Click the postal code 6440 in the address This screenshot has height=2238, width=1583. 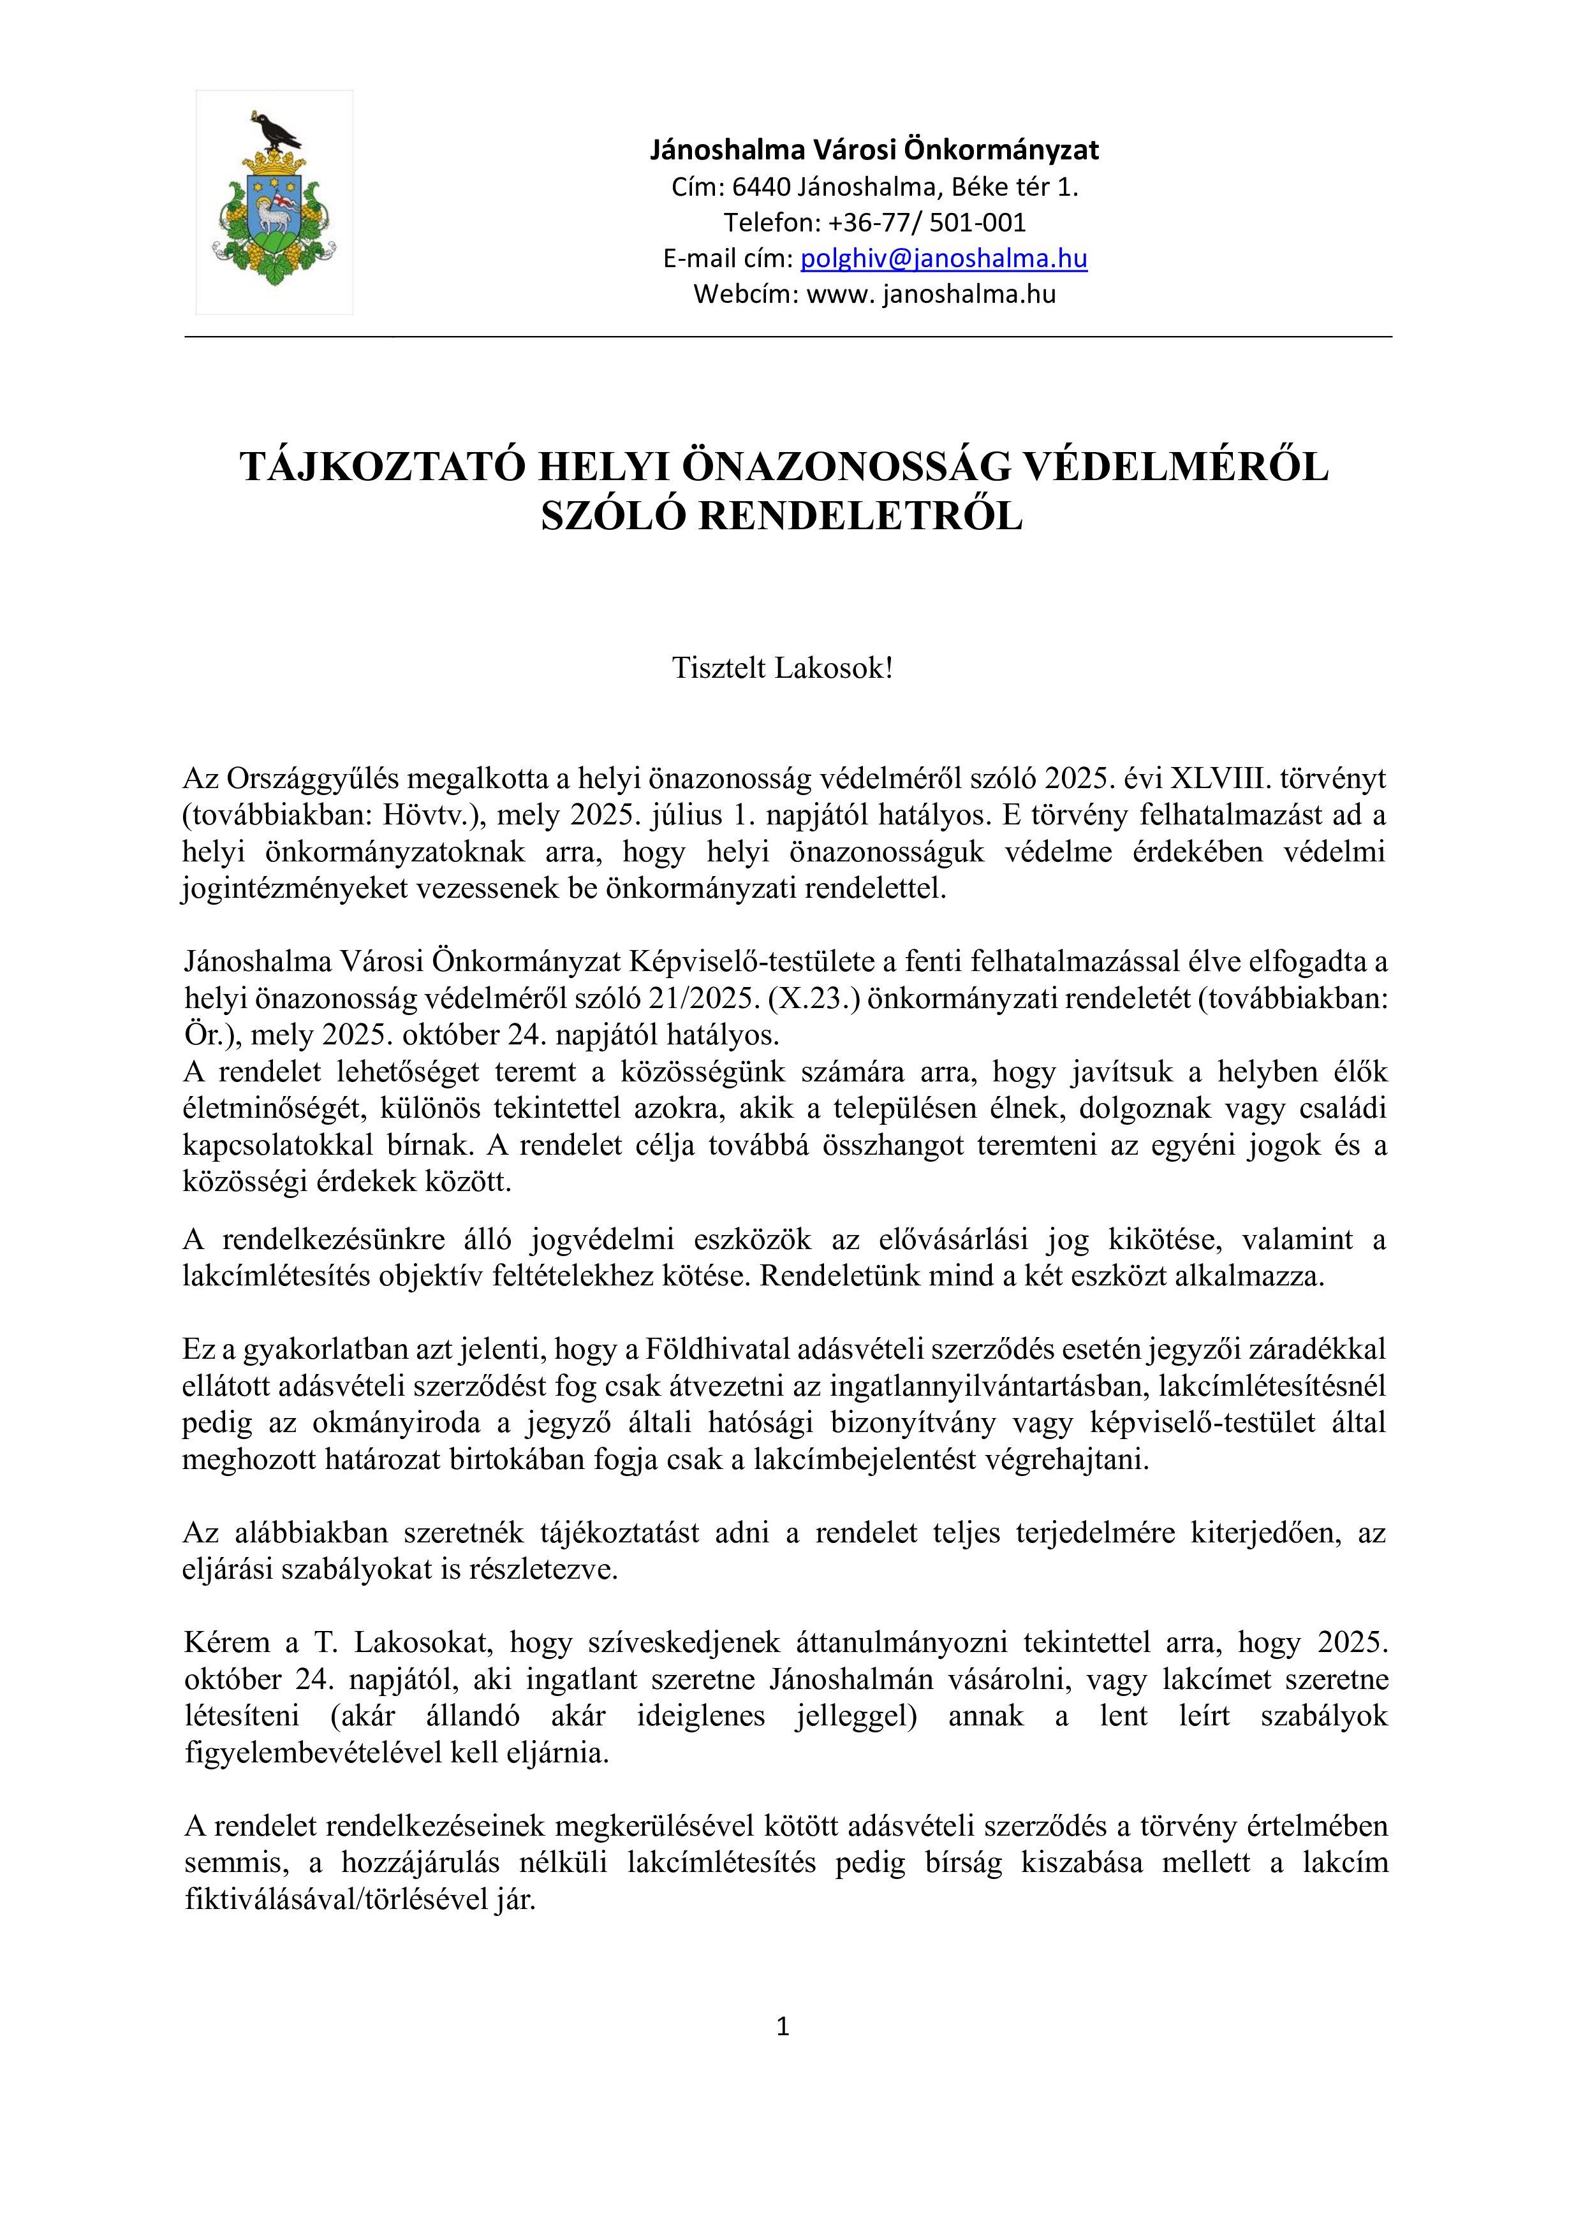[x=760, y=187]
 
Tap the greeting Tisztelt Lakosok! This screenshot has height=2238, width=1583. [x=782, y=669]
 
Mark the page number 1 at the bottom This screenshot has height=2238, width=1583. [x=782, y=2026]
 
